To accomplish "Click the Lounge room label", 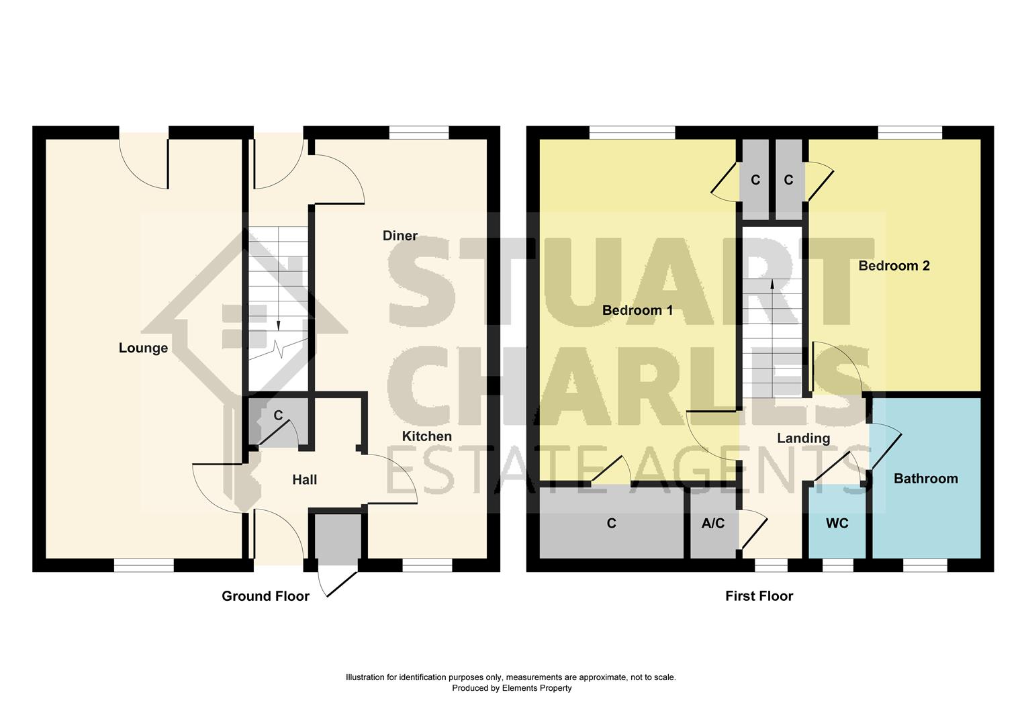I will click(x=143, y=348).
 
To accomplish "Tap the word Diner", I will click(x=400, y=236).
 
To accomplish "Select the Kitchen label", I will click(x=426, y=436).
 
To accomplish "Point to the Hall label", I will click(x=304, y=480).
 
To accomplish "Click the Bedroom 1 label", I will click(x=637, y=310).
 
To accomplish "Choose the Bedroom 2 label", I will click(x=894, y=266).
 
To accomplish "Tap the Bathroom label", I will click(x=925, y=479).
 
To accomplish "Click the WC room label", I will click(x=837, y=524).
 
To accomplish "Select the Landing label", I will click(x=803, y=438).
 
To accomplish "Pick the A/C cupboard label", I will click(x=712, y=524).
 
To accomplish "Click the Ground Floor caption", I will click(x=265, y=596).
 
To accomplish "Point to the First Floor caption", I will click(x=759, y=596).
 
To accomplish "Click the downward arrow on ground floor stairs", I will click(x=278, y=324).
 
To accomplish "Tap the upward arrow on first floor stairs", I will click(x=772, y=285).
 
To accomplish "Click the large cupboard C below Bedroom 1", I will click(x=611, y=524).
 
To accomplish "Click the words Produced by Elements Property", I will click(x=512, y=688).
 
